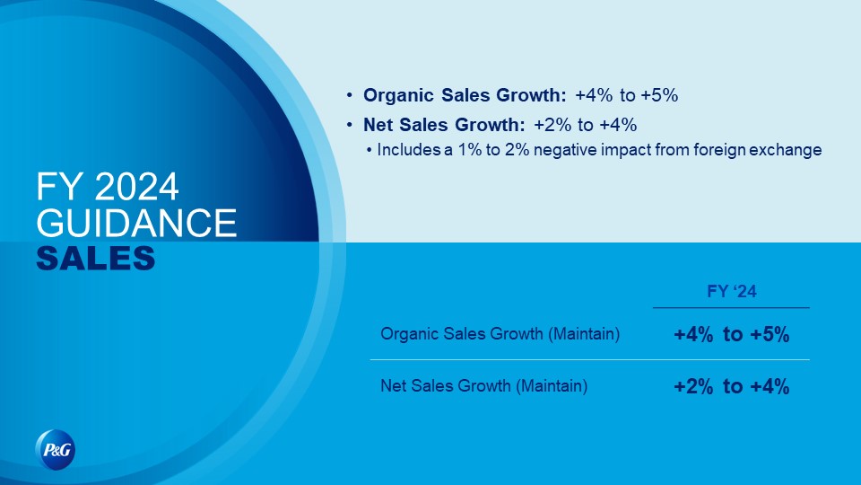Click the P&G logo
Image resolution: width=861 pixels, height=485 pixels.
pyautogui.click(x=56, y=450)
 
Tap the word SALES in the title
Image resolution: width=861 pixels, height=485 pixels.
pyautogui.click(x=96, y=258)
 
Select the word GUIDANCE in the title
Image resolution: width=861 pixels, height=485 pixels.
pyautogui.click(x=136, y=223)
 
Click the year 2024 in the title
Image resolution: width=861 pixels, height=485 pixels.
pyautogui.click(x=136, y=187)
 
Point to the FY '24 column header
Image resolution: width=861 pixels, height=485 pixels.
pyautogui.click(x=732, y=291)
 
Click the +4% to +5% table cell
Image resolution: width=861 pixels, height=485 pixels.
pyautogui.click(x=732, y=334)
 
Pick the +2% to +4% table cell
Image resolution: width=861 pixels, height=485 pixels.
pyautogui.click(x=732, y=386)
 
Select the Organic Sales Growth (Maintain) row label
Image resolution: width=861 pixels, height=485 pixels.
pyautogui.click(x=500, y=334)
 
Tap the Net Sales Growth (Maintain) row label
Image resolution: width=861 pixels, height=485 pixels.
pyautogui.click(x=483, y=386)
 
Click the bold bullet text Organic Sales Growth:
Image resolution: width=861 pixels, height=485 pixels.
pyautogui.click(x=465, y=95)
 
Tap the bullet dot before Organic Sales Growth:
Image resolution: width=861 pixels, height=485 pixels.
pyautogui.click(x=349, y=95)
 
